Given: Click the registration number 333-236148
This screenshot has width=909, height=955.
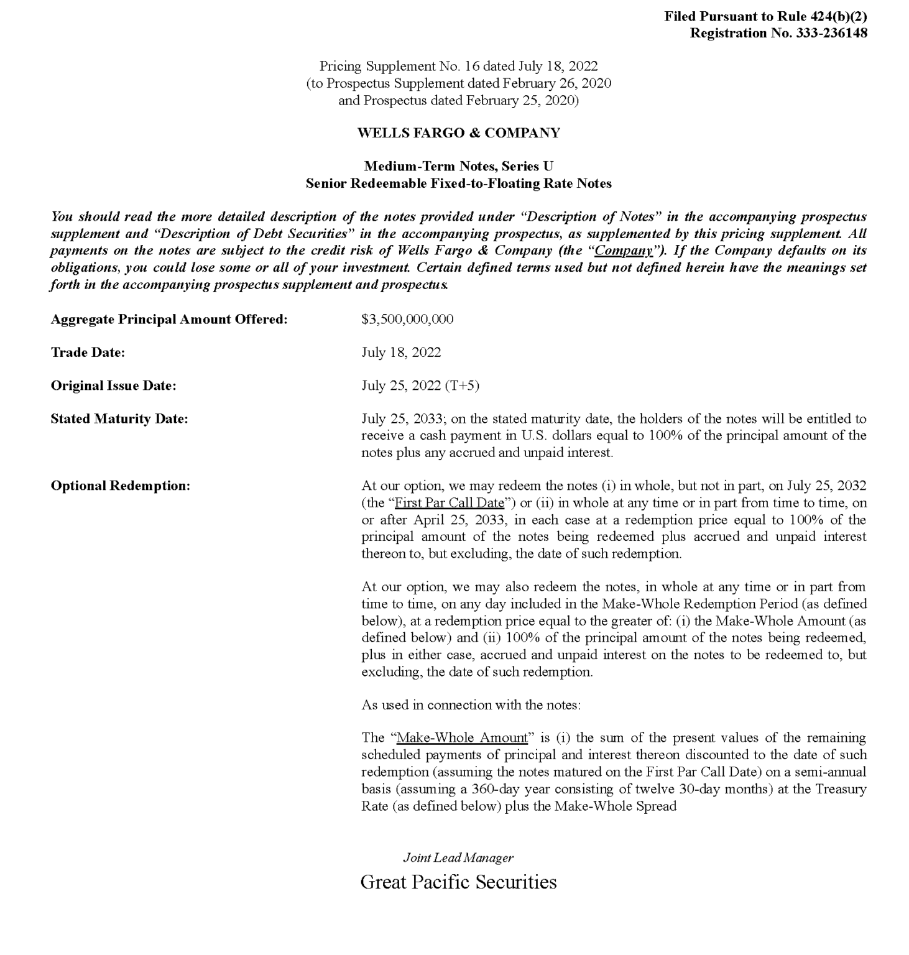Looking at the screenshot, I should (x=831, y=33).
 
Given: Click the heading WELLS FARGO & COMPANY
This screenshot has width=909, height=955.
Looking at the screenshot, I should (x=458, y=132).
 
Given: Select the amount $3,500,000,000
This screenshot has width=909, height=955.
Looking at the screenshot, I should (x=407, y=319).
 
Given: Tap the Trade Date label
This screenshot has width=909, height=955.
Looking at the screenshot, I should (x=88, y=353).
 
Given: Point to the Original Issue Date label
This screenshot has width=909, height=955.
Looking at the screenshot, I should (x=113, y=385).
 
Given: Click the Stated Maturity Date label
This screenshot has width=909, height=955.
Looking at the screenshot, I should (x=119, y=419).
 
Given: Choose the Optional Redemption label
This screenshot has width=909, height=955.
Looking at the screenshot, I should (x=120, y=486).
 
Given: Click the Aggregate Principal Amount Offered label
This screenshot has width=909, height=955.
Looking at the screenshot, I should (x=169, y=319).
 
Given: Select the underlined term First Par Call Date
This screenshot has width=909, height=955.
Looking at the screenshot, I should (x=449, y=502).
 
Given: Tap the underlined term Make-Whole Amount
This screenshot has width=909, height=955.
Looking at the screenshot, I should (x=462, y=737).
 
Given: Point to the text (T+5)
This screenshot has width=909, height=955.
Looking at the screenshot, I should (x=462, y=385).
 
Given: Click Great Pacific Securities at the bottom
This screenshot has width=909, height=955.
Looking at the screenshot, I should (x=458, y=882).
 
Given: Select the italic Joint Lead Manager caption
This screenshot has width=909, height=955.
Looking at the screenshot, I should (x=458, y=857).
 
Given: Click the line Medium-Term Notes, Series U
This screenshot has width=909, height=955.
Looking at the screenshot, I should (x=458, y=166).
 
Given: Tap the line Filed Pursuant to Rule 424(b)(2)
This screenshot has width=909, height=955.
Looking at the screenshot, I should (x=765, y=16).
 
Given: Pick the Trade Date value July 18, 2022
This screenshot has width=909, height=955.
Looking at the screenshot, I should (x=401, y=353).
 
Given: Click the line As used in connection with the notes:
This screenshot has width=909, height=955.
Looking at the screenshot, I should (x=471, y=704).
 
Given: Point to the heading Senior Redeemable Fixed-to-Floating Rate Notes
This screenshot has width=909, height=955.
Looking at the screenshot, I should (x=458, y=183).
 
